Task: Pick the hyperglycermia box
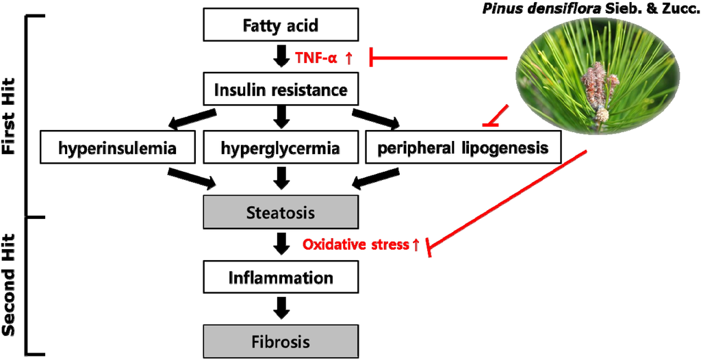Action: coord(281,147)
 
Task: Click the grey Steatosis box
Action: coord(281,212)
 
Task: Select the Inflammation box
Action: coord(281,278)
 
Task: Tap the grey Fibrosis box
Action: coord(281,341)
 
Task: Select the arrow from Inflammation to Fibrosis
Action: coord(281,309)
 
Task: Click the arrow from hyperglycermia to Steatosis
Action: coord(281,179)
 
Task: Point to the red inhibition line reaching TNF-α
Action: coord(438,58)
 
